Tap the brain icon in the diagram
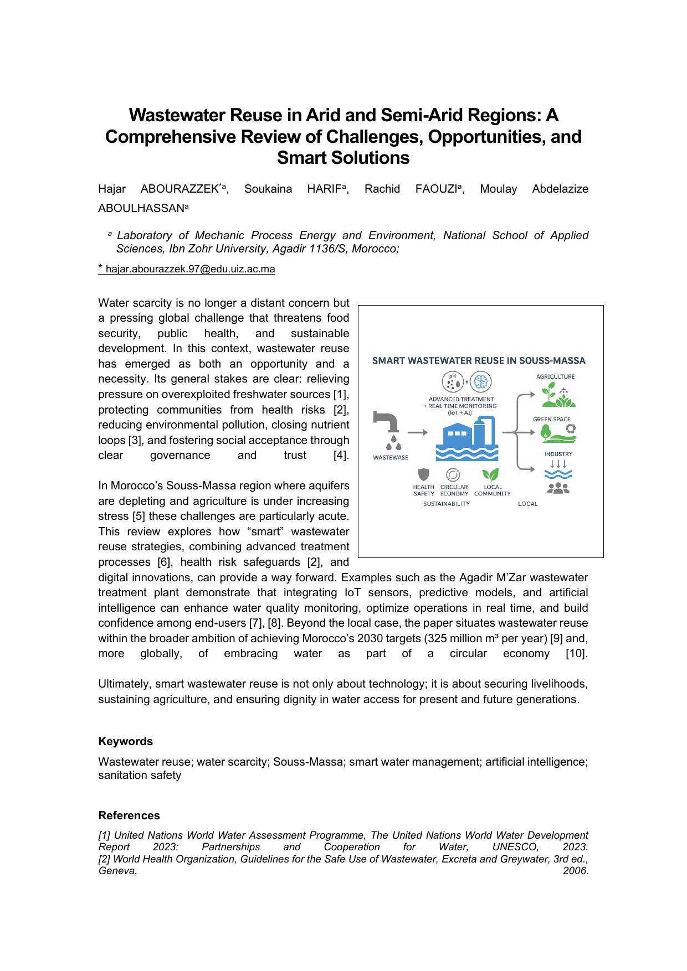click(x=481, y=381)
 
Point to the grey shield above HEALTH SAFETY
click(x=424, y=474)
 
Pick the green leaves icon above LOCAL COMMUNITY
click(x=490, y=474)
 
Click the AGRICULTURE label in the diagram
click(x=555, y=377)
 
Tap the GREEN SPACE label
click(x=551, y=420)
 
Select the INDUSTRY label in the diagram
click(x=558, y=454)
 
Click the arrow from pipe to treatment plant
click(x=417, y=432)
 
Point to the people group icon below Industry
click(x=558, y=488)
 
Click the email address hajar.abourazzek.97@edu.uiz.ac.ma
click(x=190, y=270)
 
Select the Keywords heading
click(x=125, y=741)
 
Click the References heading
click(x=129, y=815)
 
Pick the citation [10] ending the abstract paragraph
click(x=576, y=654)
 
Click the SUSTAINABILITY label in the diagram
click(x=446, y=504)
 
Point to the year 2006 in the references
click(x=575, y=871)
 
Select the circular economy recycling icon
click(x=453, y=474)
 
